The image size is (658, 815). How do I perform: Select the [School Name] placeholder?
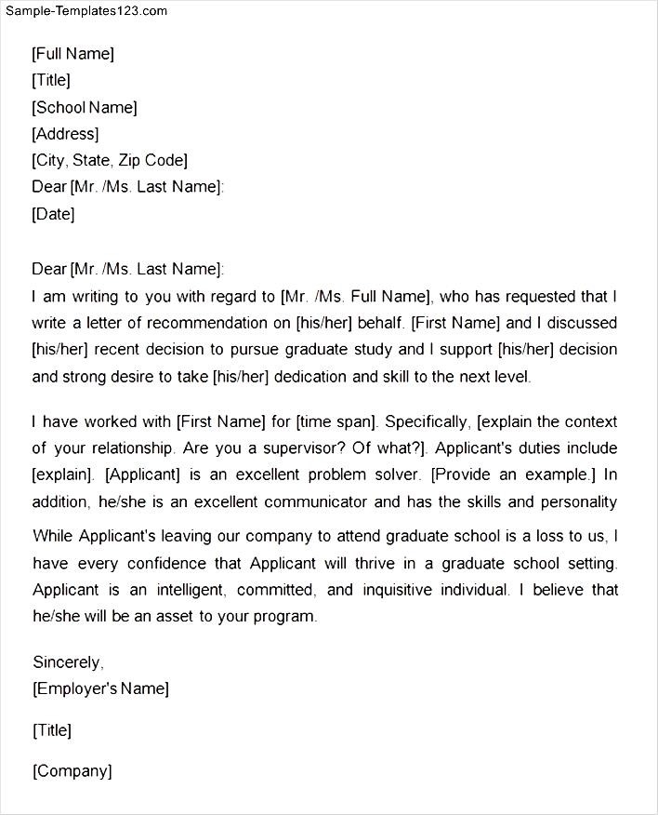tap(85, 107)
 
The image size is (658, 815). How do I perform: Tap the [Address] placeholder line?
tap(65, 134)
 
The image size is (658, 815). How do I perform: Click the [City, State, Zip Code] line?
tap(110, 160)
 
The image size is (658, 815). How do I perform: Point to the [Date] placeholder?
tap(53, 214)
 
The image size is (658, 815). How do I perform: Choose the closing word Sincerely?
tap(68, 662)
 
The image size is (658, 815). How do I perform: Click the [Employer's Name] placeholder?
tap(100, 688)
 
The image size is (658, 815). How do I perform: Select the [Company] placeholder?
tap(72, 770)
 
